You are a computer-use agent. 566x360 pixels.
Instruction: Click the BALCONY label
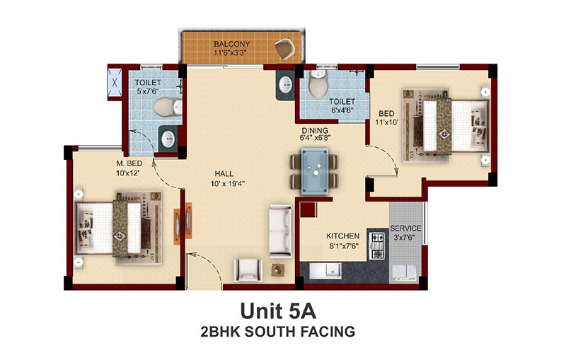click(x=232, y=44)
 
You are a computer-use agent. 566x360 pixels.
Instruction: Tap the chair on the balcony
click(x=285, y=48)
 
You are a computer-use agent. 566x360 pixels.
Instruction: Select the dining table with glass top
click(x=315, y=171)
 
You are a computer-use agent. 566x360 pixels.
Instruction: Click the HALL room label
click(x=224, y=173)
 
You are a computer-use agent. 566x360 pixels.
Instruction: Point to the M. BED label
click(x=129, y=163)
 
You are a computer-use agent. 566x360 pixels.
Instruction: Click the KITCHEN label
click(x=342, y=236)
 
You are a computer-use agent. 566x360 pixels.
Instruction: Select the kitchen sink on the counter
click(x=325, y=271)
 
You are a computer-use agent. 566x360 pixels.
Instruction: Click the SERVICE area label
click(x=405, y=228)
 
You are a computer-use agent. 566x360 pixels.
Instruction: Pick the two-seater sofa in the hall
click(x=280, y=231)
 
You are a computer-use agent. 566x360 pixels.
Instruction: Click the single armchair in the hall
click(x=248, y=269)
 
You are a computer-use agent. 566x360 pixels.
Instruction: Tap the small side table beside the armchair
click(x=278, y=269)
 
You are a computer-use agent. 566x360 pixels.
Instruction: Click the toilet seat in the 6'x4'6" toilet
click(x=318, y=84)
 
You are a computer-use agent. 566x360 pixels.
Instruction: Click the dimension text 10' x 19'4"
click(x=227, y=184)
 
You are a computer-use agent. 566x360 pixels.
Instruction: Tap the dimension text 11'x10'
click(x=386, y=122)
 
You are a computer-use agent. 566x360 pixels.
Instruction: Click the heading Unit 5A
click(x=278, y=311)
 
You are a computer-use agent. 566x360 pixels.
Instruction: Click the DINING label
click(x=315, y=130)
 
